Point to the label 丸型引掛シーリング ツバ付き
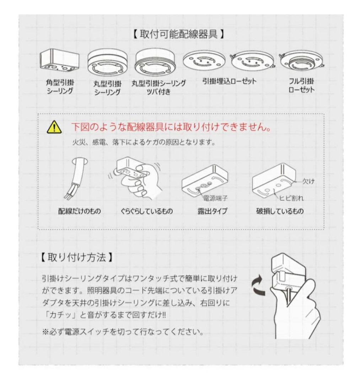[158, 86]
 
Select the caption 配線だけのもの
[80, 211]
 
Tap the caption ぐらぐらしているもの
[146, 211]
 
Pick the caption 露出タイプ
[213, 211]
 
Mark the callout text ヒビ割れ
[293, 197]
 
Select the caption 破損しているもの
[280, 211]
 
